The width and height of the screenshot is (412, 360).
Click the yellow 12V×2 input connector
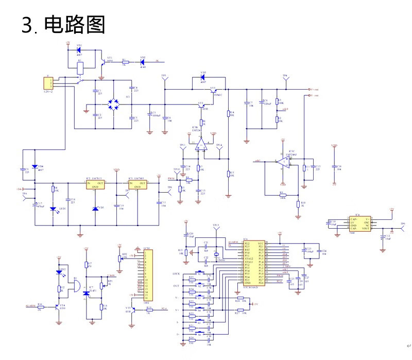coord(48,83)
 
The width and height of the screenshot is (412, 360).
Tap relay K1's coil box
coord(79,66)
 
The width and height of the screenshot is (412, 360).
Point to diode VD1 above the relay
coord(79,50)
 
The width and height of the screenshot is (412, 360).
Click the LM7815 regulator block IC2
coord(95,185)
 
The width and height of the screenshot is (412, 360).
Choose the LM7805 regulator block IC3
coord(138,185)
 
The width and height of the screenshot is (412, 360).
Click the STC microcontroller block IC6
coord(254,263)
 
